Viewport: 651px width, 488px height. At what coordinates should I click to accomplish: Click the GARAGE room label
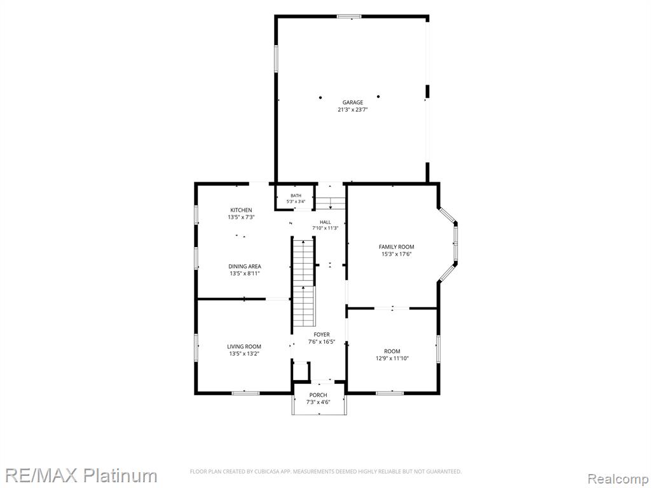352,102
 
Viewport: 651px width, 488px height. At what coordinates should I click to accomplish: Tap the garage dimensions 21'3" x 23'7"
352,110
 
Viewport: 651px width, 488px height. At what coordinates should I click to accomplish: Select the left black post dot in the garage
320,97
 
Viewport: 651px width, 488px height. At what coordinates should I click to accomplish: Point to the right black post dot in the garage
378,97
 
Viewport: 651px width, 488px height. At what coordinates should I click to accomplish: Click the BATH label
296,196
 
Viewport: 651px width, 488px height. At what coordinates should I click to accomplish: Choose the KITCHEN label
241,210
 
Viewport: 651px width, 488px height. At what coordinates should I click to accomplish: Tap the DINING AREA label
245,266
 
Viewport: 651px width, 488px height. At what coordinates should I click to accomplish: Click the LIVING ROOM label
244,346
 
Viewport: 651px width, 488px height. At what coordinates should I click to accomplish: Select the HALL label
325,222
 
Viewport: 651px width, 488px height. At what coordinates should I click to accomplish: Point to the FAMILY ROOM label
397,247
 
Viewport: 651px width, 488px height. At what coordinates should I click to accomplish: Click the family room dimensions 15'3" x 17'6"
397,254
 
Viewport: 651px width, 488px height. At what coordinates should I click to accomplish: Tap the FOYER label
321,334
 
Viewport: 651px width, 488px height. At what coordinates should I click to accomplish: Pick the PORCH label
318,395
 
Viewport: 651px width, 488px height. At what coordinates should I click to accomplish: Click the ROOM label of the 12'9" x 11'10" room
392,351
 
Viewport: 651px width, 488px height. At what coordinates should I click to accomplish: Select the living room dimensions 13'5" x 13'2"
244,354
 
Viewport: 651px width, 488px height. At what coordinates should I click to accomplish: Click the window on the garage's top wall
349,17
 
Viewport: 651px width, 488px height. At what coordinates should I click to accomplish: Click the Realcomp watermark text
618,479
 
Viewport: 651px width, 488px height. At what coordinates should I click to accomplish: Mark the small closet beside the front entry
301,371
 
